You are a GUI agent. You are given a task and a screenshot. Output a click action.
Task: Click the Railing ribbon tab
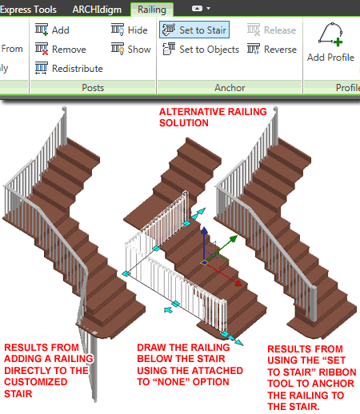pyautogui.click(x=151, y=10)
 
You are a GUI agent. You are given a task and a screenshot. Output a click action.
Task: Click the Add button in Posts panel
pyautogui.click(x=53, y=30)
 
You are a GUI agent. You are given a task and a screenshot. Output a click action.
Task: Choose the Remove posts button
pyautogui.click(x=59, y=49)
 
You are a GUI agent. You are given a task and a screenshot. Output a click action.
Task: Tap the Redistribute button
pyautogui.click(x=70, y=69)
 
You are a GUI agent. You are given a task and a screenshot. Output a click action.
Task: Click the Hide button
pyautogui.click(x=130, y=30)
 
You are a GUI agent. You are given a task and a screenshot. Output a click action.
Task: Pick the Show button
pyautogui.click(x=130, y=49)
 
